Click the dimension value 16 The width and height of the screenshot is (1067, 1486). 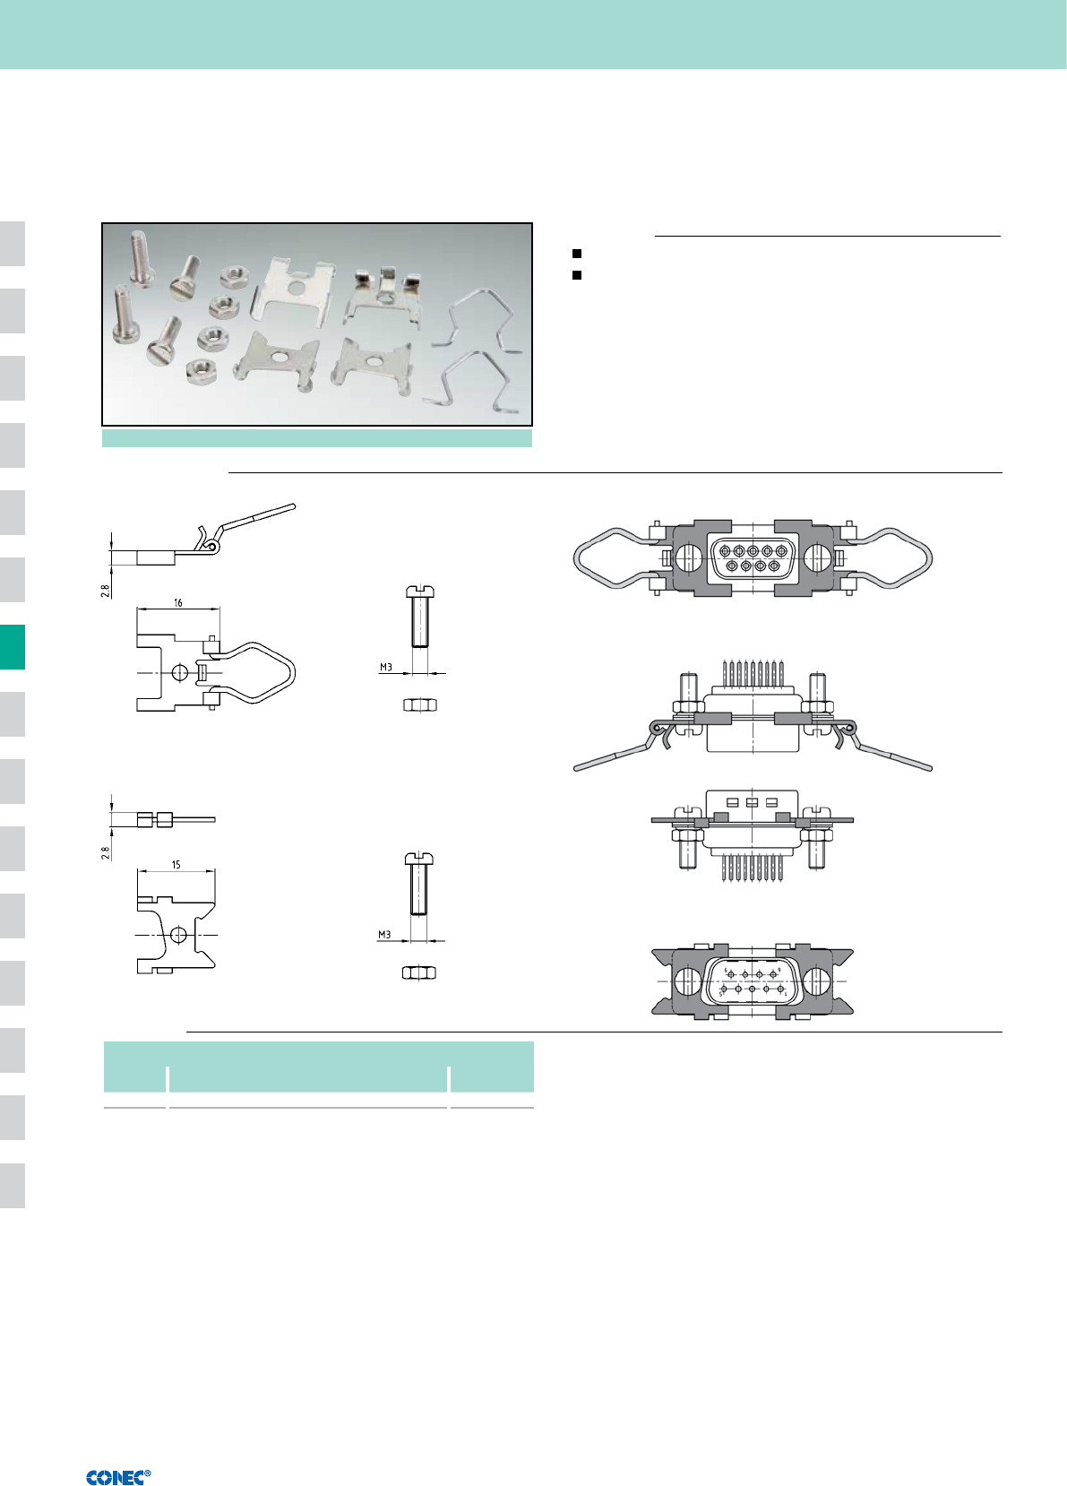(x=177, y=602)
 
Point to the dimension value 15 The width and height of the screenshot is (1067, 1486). (x=176, y=864)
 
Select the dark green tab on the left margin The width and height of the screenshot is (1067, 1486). (x=13, y=647)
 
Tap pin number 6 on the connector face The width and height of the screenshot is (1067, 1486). (x=726, y=970)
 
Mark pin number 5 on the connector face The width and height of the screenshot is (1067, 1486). (x=721, y=995)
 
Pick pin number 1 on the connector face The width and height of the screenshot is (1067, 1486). (x=786, y=995)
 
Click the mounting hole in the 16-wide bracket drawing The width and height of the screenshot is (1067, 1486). (x=180, y=673)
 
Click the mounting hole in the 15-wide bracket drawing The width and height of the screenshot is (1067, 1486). (x=177, y=935)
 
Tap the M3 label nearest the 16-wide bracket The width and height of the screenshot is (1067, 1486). (x=386, y=668)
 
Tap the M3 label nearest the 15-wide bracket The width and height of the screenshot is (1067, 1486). (x=384, y=935)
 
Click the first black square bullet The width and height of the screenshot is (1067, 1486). (x=577, y=254)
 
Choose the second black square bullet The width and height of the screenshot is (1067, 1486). (x=577, y=274)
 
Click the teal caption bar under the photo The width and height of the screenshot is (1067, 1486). (x=317, y=438)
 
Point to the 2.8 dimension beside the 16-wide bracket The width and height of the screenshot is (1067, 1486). (x=106, y=590)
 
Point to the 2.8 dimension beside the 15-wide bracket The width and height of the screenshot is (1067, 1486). (x=106, y=852)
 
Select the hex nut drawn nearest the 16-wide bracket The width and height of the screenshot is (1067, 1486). (x=420, y=704)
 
